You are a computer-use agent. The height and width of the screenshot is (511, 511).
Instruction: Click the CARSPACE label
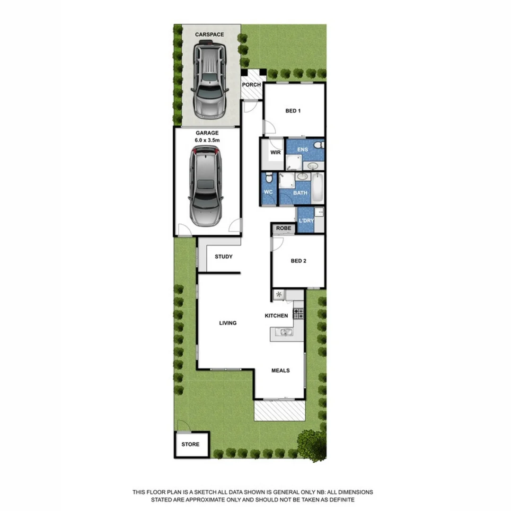[210, 35]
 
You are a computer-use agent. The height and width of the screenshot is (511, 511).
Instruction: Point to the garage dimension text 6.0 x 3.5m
[207, 141]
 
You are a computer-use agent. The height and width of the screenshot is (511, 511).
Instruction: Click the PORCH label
[251, 85]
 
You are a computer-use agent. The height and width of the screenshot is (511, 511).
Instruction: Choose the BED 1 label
[293, 111]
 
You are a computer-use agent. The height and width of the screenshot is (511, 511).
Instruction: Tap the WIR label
[276, 153]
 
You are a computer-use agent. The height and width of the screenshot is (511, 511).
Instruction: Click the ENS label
[302, 150]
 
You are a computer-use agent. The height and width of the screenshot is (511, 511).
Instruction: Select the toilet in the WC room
[269, 178]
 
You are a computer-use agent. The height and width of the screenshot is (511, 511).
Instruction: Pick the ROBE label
[283, 229]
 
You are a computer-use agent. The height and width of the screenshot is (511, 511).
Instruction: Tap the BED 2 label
[299, 261]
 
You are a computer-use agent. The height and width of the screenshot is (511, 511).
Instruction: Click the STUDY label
[224, 257]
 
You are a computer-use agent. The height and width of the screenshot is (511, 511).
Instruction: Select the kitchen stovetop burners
[298, 313]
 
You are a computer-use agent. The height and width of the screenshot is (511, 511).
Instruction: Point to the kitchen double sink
[285, 333]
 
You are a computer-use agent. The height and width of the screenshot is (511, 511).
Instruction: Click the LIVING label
[228, 323]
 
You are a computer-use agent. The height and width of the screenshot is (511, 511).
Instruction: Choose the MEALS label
[281, 370]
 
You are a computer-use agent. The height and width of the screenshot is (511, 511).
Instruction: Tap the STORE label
[191, 444]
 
